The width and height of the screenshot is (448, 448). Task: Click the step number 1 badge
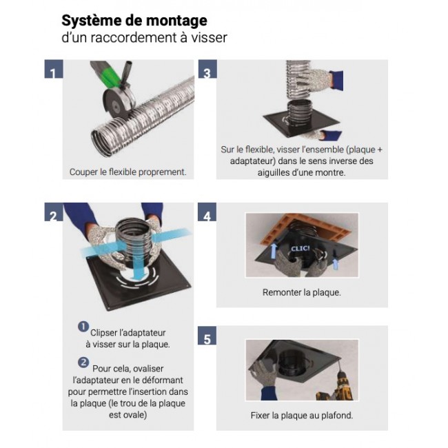pos(54,69)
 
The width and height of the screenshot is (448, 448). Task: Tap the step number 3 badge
pos(207,69)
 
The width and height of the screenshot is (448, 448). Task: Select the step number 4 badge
pos(207,212)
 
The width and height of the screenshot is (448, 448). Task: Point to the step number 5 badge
pos(207,336)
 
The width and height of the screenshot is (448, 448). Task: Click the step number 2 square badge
pos(54,212)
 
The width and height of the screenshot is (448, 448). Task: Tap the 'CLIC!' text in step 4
pos(301,248)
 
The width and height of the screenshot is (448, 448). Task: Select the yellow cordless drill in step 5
pos(340,386)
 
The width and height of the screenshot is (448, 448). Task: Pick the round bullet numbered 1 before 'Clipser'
pos(83,327)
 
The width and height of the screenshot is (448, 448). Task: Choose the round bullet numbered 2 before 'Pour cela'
pos(83,363)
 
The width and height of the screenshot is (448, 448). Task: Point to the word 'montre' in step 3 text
pos(331,172)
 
